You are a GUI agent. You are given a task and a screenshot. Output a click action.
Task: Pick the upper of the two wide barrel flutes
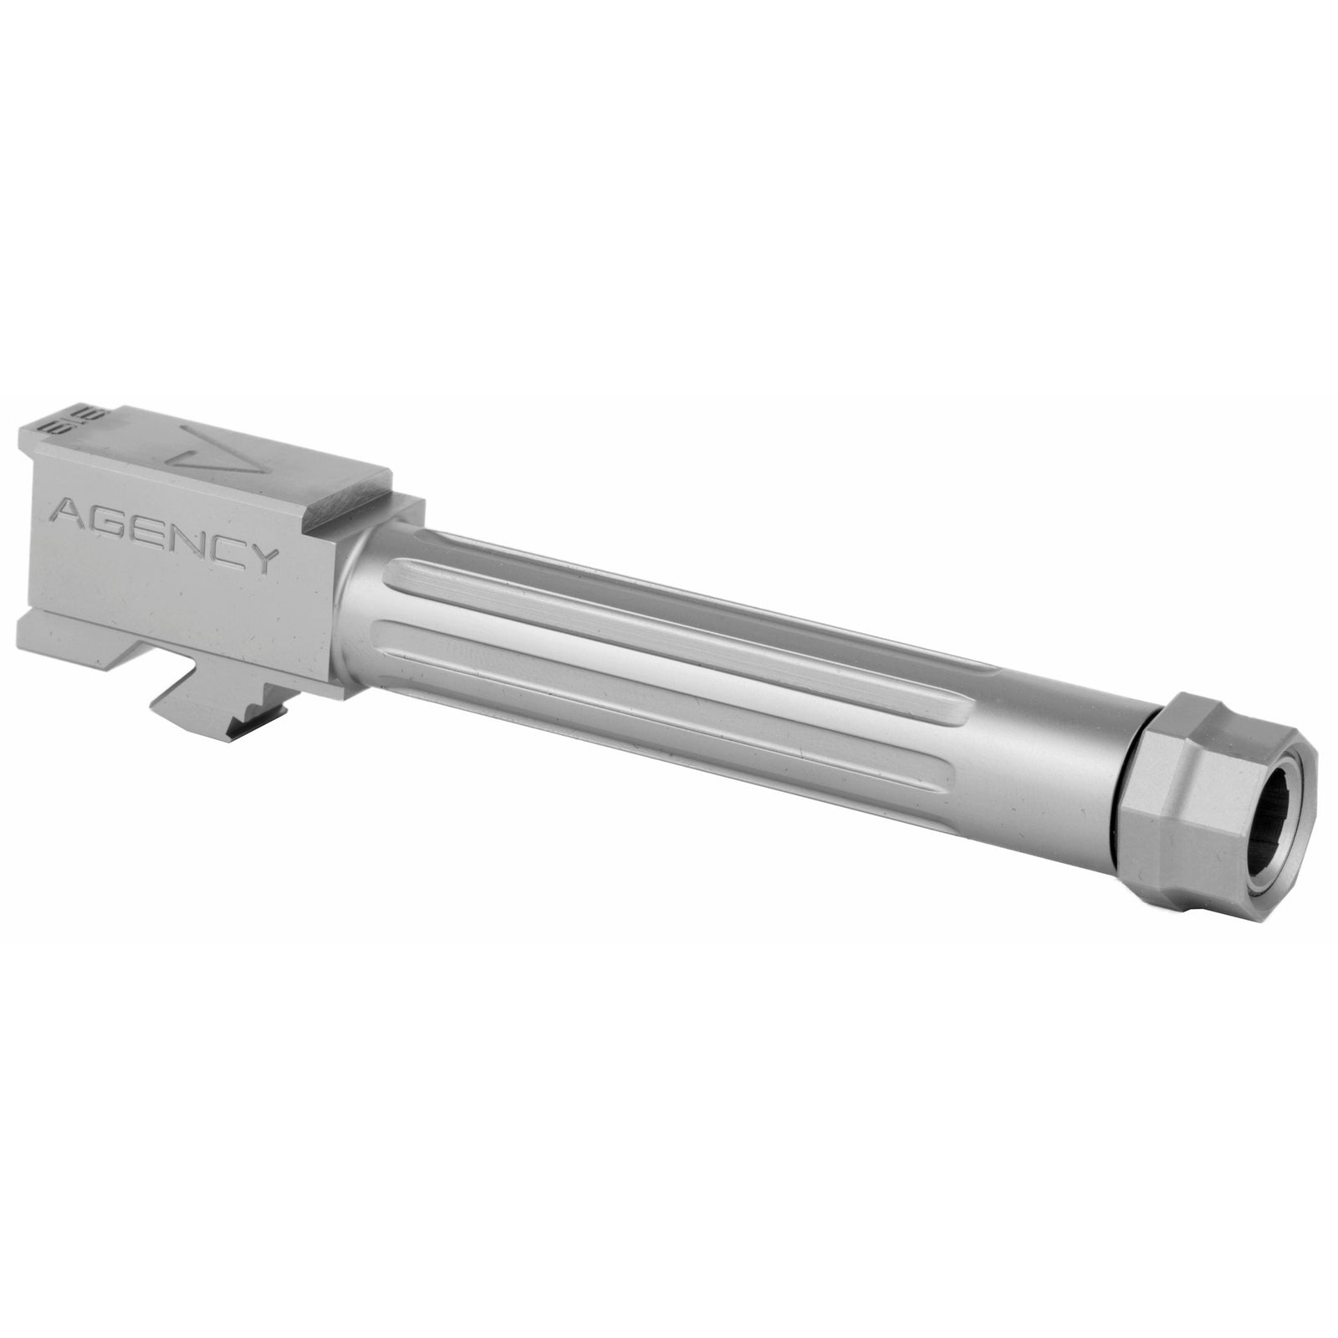pyautogui.click(x=669, y=627)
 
